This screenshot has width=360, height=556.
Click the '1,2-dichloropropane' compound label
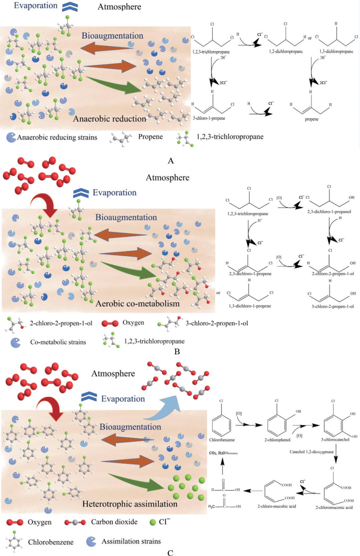click(286, 52)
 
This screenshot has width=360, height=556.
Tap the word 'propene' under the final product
click(311, 119)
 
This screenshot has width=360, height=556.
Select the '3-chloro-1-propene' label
click(209, 118)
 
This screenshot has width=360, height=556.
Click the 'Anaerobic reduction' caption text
click(110, 119)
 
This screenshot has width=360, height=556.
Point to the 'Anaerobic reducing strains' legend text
click(57, 137)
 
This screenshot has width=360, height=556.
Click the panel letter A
click(171, 161)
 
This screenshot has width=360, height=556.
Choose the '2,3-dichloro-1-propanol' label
click(329, 211)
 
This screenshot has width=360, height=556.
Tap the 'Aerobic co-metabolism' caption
click(137, 304)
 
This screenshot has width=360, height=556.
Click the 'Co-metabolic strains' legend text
click(58, 342)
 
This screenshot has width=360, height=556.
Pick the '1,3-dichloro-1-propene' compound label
click(250, 306)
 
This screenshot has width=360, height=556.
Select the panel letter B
click(177, 352)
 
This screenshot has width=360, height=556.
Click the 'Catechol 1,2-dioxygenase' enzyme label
click(311, 452)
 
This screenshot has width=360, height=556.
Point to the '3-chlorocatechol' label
click(335, 440)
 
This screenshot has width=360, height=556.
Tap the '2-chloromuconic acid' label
click(334, 507)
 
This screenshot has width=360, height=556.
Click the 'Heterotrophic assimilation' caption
click(130, 504)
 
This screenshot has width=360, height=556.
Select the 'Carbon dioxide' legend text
click(114, 522)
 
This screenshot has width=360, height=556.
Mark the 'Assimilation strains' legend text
click(131, 541)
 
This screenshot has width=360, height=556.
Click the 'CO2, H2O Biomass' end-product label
click(223, 453)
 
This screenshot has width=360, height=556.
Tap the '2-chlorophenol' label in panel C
click(277, 440)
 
